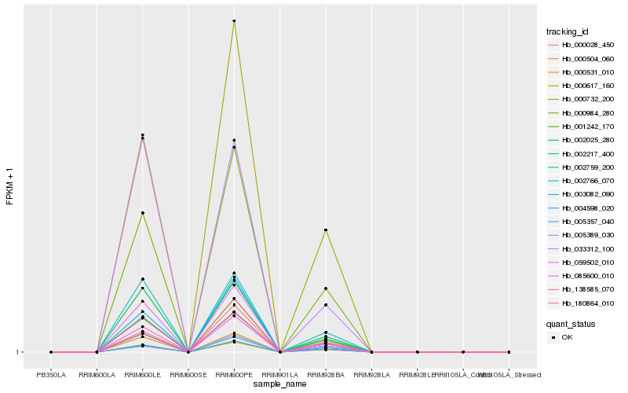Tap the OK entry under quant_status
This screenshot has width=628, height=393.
pos(568,337)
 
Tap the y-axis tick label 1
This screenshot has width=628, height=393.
pos(17,352)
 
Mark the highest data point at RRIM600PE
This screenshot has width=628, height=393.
pos(234,20)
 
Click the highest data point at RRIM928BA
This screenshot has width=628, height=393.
pos(326,230)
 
